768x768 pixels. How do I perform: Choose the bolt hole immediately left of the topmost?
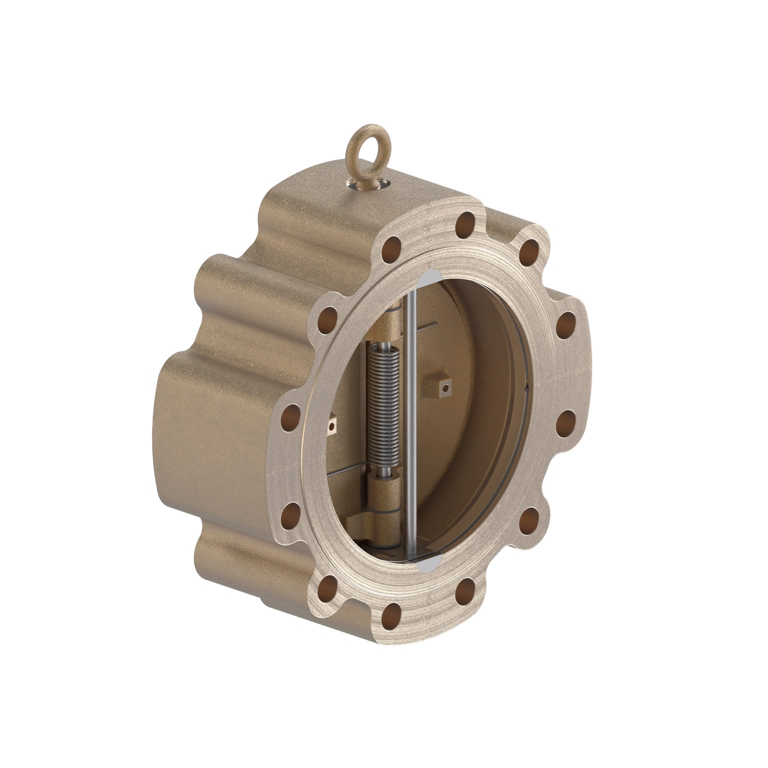click(391, 248)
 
